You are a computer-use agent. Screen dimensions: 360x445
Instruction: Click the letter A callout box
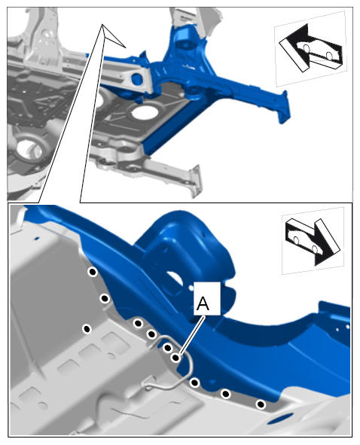pos(207,298)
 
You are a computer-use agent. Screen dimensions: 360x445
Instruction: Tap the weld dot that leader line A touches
pos(176,358)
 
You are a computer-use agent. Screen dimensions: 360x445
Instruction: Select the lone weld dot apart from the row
pos(87,329)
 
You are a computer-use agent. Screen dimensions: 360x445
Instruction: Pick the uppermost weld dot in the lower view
pos(93,272)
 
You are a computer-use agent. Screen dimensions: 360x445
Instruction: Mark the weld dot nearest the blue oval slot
pos(261,404)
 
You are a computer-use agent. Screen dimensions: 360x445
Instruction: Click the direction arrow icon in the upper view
pos(310,48)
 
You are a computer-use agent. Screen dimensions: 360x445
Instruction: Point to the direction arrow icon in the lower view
pos(313,241)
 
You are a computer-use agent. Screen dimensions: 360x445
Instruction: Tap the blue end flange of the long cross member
pos(284,107)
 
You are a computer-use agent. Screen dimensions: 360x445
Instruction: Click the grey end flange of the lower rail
pos(196,181)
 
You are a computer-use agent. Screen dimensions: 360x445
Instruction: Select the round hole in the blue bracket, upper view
pos(137,79)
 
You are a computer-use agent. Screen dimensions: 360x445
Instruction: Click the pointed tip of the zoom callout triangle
pos(102,24)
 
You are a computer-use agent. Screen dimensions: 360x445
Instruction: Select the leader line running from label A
pos(193,335)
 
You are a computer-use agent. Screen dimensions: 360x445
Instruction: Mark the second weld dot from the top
pos(105,299)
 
